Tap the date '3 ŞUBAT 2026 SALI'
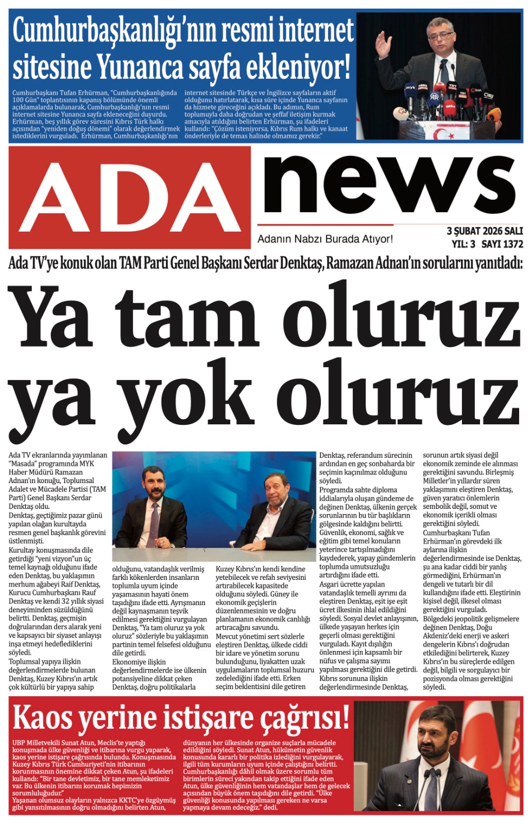pos(485,231)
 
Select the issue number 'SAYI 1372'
pos(502,244)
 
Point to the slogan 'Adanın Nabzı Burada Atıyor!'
pos(325,239)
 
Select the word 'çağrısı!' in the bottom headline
pos(304,718)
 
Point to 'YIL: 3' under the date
pos(464,244)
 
